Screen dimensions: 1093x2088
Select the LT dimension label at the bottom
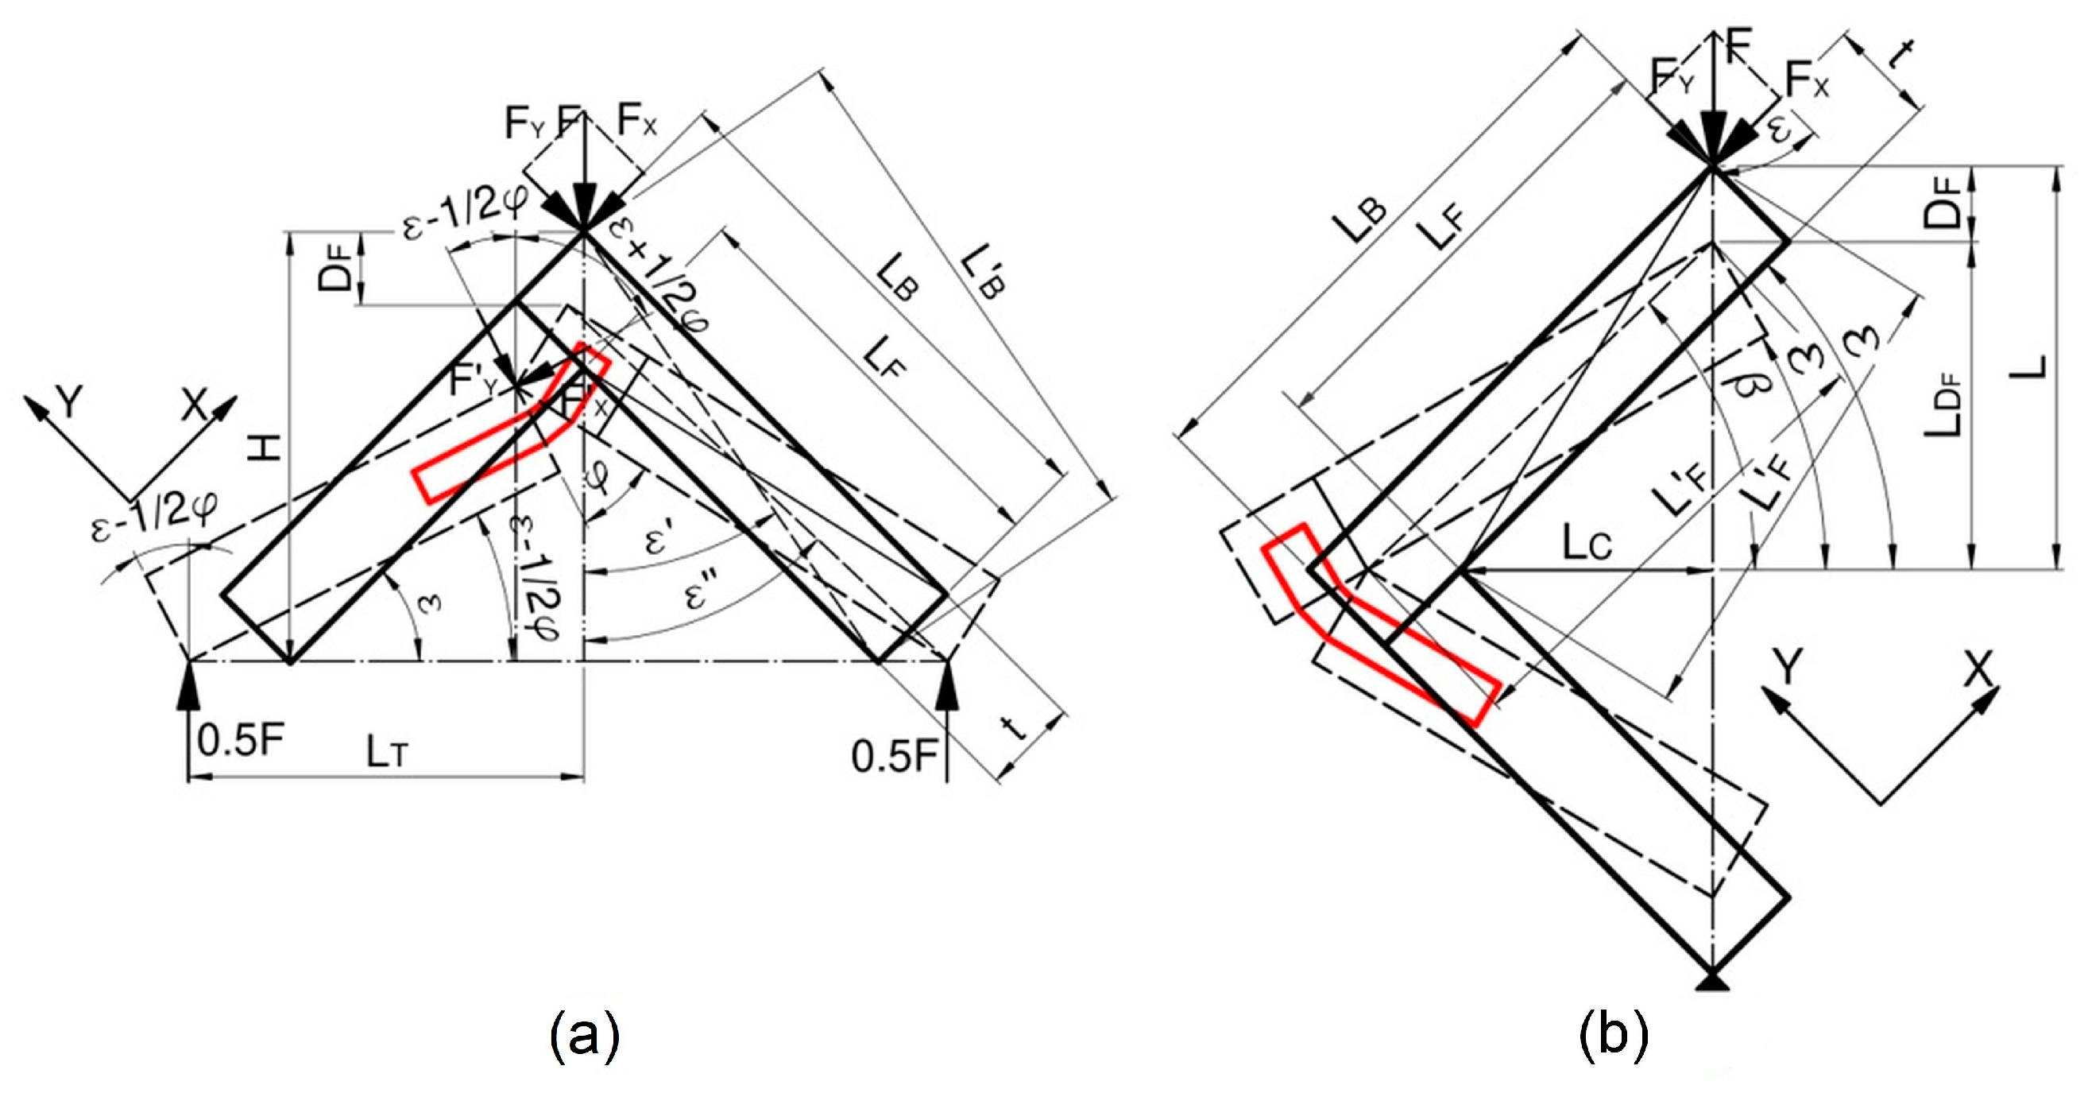386,754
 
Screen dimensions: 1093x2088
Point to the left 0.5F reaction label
241,740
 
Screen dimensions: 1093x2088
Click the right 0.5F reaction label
894,757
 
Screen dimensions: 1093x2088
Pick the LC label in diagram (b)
1587,545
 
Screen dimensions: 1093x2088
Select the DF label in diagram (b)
1943,203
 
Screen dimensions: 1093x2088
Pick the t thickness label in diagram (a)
1016,727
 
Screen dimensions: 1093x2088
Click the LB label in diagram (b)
1363,219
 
